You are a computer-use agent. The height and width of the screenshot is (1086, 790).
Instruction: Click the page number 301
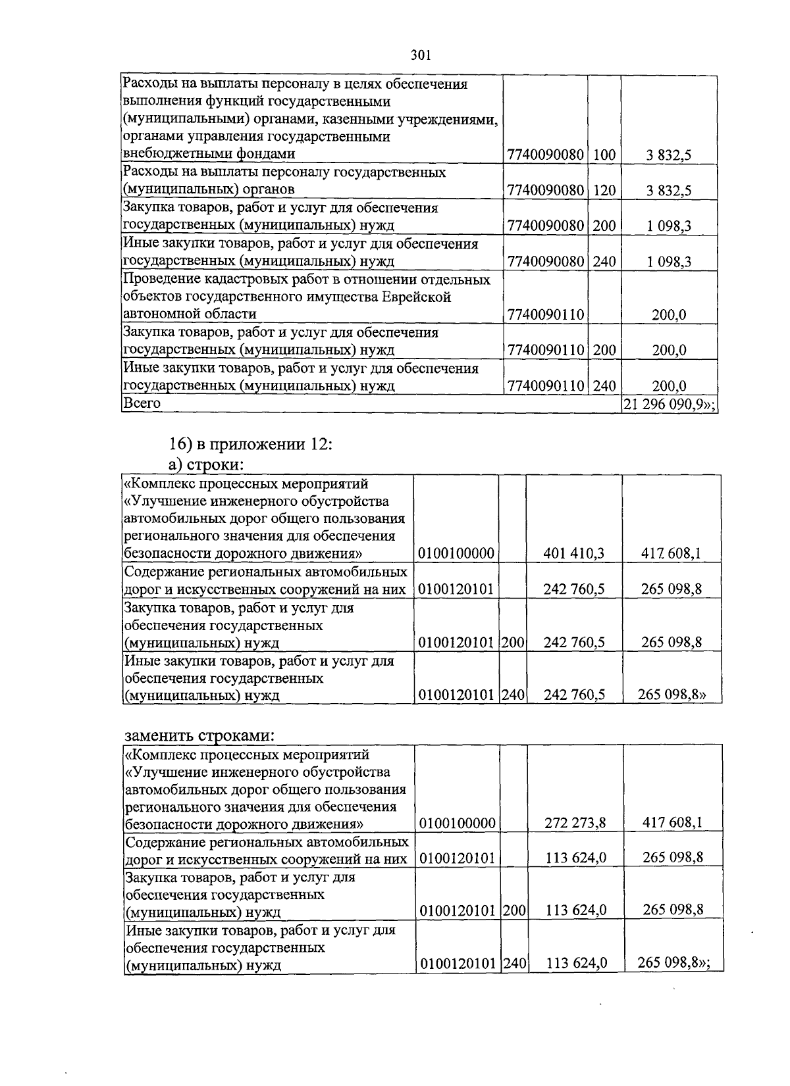[x=420, y=55]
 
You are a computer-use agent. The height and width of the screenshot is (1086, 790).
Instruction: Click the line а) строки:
[x=205, y=464]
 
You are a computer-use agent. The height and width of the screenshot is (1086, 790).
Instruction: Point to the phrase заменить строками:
[x=199, y=735]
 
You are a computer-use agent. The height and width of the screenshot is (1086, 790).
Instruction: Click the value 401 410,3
[x=573, y=554]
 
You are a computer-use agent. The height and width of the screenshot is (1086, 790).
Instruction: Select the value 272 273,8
[x=575, y=822]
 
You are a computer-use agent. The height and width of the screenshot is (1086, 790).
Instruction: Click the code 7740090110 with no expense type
[x=546, y=315]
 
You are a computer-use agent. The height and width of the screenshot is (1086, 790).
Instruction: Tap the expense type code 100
[x=604, y=155]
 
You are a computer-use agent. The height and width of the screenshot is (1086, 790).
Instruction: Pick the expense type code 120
[x=604, y=191]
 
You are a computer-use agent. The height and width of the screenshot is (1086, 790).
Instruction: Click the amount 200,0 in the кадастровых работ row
[x=669, y=315]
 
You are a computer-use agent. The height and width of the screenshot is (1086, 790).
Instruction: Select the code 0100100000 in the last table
[x=457, y=822]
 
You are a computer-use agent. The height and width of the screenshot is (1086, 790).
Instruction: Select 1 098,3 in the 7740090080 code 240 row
[x=668, y=262]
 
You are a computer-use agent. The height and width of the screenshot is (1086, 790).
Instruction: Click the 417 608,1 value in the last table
[x=671, y=822]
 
